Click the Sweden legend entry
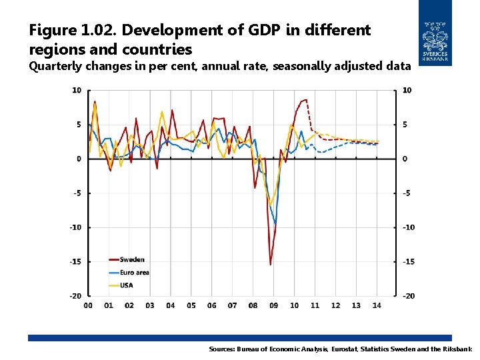click(132, 260)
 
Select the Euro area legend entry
click(134, 273)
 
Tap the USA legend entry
click(126, 285)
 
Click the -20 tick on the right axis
click(409, 295)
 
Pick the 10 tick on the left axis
click(77, 90)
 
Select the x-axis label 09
click(273, 306)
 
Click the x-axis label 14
click(377, 306)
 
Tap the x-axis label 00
click(88, 306)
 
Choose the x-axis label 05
click(191, 306)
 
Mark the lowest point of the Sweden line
click(271, 265)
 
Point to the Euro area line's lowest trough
click(275, 223)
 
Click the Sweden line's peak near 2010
click(305, 100)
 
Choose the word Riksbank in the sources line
click(456, 349)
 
